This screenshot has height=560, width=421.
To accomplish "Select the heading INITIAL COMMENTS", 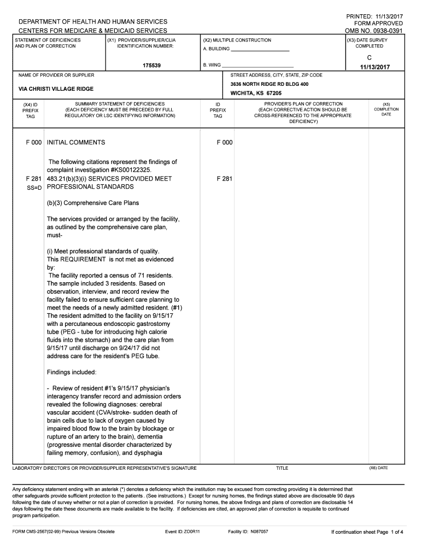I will pos(76,143).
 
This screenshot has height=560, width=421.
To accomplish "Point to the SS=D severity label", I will pos(34,187).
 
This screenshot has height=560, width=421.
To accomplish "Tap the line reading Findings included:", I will pos(72,372).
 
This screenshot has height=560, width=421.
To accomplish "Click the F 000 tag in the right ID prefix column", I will pos(225,143).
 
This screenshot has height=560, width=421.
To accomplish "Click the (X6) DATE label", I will pos(378,468).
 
